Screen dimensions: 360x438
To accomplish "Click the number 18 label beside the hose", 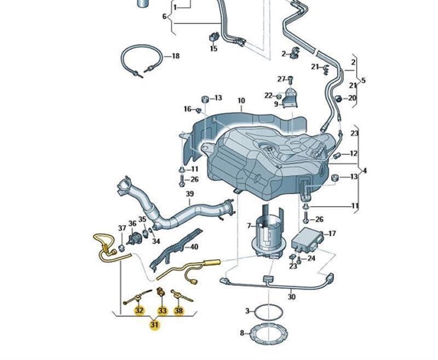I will click(x=175, y=56).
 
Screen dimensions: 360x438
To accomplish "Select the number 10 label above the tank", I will click(x=241, y=101).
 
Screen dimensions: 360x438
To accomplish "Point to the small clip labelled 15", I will click(x=213, y=38).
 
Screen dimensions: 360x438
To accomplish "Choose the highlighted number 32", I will click(x=139, y=311).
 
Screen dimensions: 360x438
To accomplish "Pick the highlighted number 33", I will click(x=162, y=311).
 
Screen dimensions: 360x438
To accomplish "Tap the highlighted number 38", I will click(x=179, y=311).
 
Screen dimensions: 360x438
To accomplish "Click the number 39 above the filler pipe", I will click(x=189, y=194).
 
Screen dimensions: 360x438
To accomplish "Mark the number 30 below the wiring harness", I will click(x=291, y=297).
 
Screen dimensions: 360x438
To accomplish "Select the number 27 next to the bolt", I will click(x=281, y=79).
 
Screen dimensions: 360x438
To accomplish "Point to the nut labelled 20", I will click(x=338, y=98).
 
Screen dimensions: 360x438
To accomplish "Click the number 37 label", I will click(x=122, y=228).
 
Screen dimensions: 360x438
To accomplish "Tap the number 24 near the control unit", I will click(x=311, y=258).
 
